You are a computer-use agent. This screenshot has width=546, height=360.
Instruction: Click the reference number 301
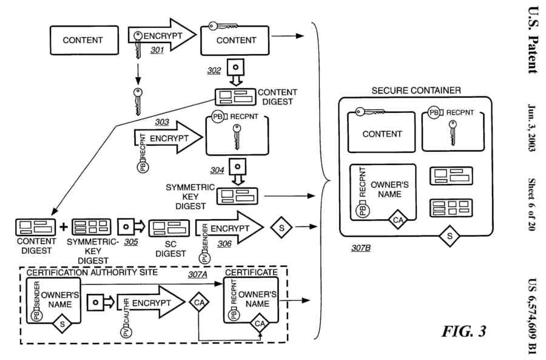(x=157, y=50)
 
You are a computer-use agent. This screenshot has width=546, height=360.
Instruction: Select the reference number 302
(x=214, y=71)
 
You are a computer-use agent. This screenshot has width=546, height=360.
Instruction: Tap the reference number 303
(x=161, y=121)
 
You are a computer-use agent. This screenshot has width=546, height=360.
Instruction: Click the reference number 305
(x=130, y=241)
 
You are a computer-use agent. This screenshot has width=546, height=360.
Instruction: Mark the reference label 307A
(x=197, y=274)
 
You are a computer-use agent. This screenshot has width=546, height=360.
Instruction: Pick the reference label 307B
(x=361, y=248)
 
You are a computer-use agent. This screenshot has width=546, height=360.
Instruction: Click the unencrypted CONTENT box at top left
(x=83, y=41)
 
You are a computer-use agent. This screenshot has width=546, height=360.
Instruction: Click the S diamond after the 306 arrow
(x=282, y=227)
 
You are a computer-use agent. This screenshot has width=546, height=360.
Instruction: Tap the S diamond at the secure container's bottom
(x=450, y=236)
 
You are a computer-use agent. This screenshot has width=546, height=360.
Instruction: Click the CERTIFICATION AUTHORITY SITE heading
(x=92, y=273)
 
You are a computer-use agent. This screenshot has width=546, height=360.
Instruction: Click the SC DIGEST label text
(x=170, y=249)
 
